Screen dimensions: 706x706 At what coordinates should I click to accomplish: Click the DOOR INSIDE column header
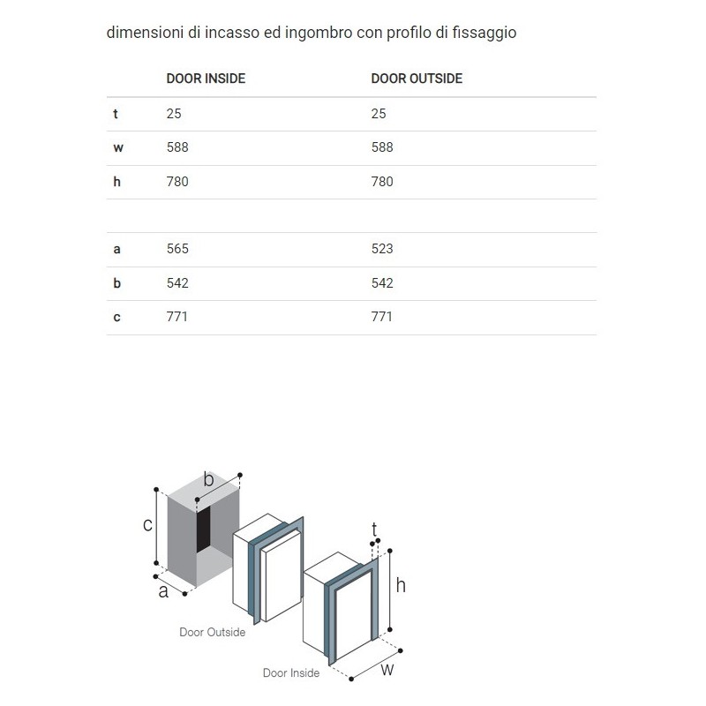coord(206,79)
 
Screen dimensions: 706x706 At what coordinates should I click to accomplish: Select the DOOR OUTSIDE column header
coord(417,79)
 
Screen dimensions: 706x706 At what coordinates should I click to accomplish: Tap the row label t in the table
coord(116,114)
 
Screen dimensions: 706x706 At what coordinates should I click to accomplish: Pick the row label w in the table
coord(117,147)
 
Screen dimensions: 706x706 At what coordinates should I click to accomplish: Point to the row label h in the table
coord(116,182)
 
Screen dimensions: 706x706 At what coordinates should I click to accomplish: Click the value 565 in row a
coord(177,249)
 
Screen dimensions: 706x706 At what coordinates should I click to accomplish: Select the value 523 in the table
coord(382,249)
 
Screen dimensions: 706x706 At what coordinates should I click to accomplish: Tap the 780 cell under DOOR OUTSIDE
coord(382,182)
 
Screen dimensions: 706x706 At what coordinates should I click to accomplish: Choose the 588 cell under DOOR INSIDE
coord(177,147)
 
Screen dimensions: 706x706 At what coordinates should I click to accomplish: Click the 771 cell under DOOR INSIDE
coord(177,317)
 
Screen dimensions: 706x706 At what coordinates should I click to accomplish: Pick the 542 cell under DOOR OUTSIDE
coord(382,283)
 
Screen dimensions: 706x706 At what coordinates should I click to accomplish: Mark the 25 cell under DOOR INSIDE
coord(174,114)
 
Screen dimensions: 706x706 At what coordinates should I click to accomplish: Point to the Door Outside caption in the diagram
coord(213,632)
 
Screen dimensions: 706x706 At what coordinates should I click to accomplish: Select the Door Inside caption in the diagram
coord(290,672)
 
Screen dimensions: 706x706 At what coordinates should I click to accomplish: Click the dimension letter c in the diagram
coord(147,525)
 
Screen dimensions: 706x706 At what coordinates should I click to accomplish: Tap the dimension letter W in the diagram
coord(387,671)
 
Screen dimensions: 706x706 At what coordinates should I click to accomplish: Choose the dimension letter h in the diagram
coord(401,584)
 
